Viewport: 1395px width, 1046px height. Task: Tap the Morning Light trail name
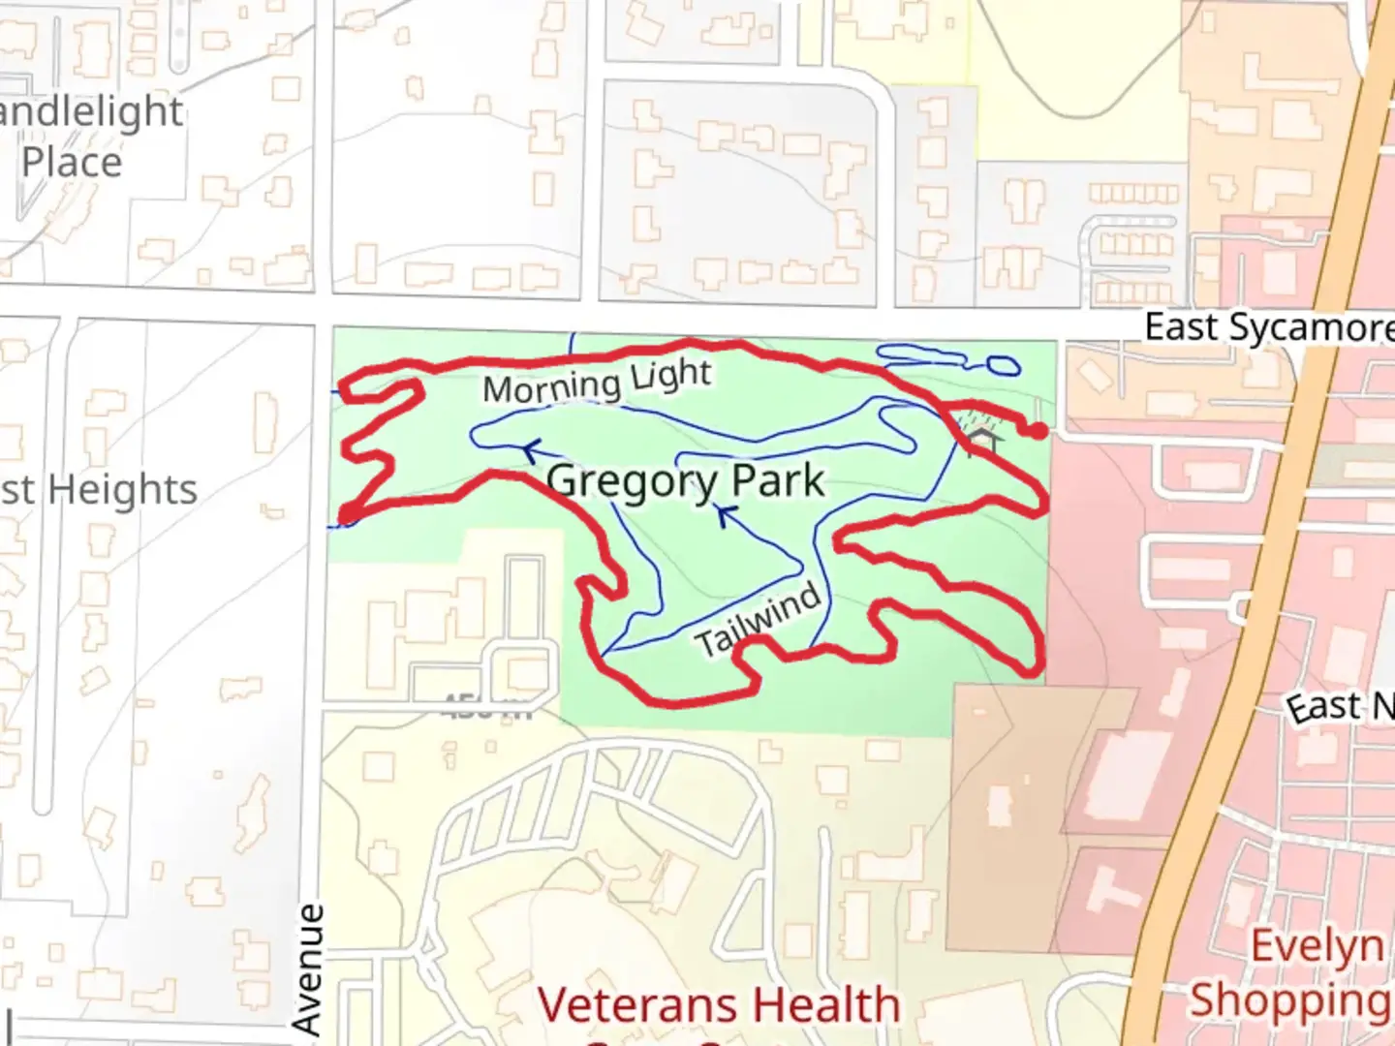click(x=597, y=381)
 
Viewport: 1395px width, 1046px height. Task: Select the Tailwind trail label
click(x=758, y=621)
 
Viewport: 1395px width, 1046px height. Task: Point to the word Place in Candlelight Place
click(x=72, y=162)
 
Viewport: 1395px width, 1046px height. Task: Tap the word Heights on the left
click(x=122, y=489)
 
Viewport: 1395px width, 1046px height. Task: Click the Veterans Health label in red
click(x=718, y=1004)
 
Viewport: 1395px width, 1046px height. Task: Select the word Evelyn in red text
click(x=1317, y=945)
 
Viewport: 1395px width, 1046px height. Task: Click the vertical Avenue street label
click(x=308, y=969)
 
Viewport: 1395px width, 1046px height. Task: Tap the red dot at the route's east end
click(x=1038, y=431)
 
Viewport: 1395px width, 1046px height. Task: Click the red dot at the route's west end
click(x=346, y=513)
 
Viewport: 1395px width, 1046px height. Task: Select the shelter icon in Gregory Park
click(x=983, y=438)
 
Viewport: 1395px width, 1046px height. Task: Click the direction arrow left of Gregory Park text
click(x=530, y=450)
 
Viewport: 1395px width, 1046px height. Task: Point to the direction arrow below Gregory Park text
click(x=726, y=515)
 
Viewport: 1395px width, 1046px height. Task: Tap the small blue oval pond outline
click(x=1002, y=365)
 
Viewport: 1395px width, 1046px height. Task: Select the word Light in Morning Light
click(x=670, y=375)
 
